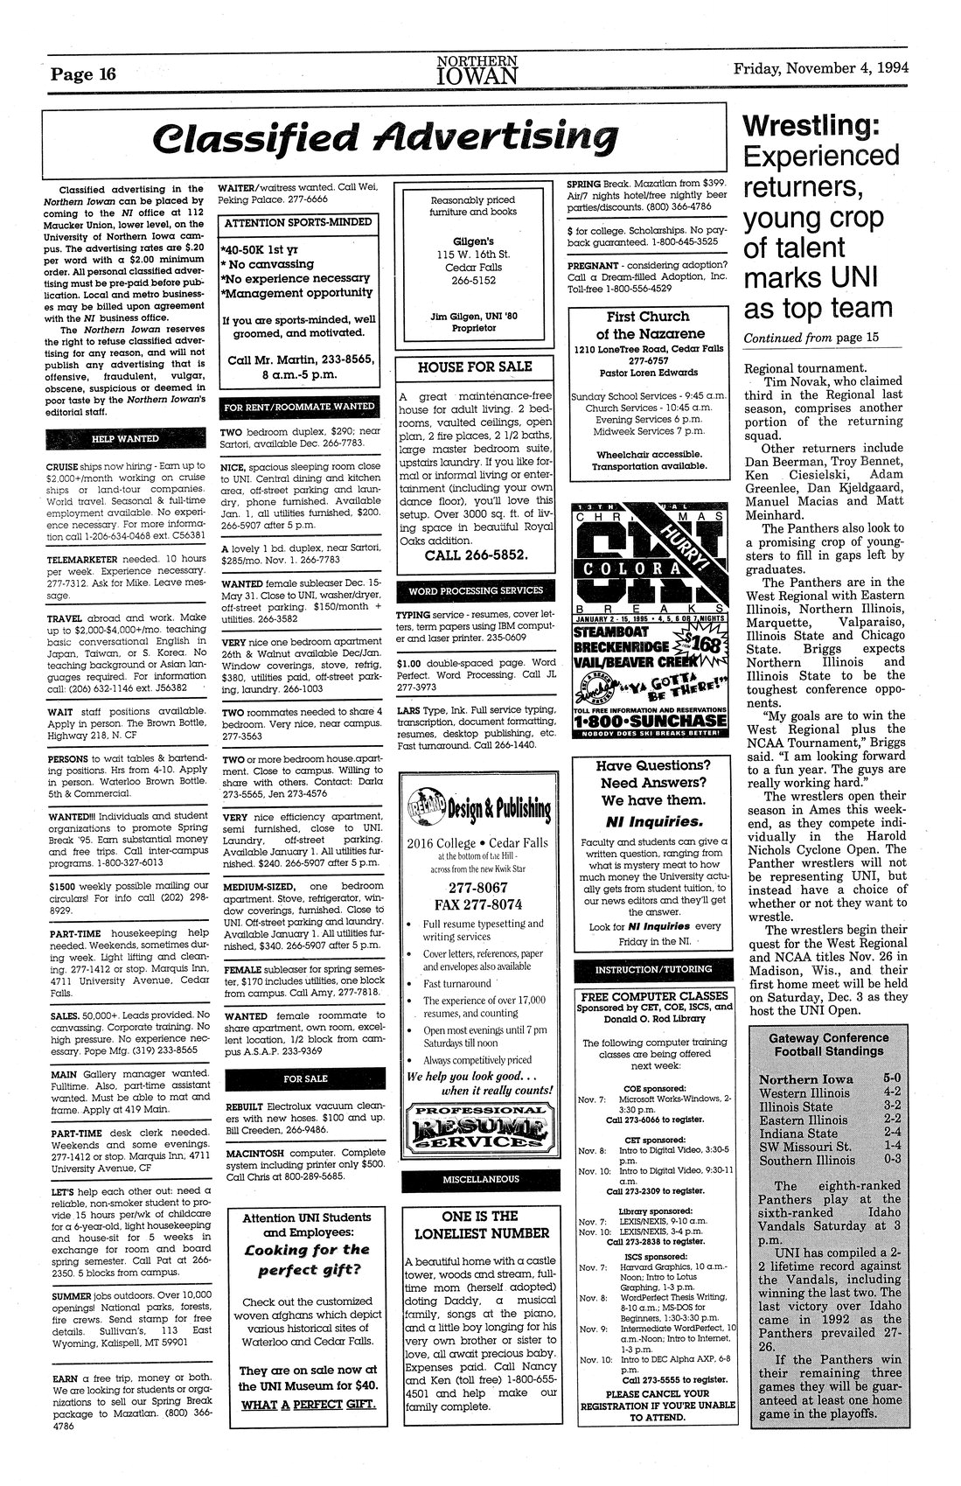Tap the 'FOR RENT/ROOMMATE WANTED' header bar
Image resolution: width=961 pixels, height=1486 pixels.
pyautogui.click(x=299, y=407)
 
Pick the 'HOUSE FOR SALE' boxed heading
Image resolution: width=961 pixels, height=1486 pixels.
pyautogui.click(x=474, y=366)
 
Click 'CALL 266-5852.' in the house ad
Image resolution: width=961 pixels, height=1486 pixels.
pyautogui.click(x=475, y=555)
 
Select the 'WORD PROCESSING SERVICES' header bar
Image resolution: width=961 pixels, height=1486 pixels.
pyautogui.click(x=474, y=590)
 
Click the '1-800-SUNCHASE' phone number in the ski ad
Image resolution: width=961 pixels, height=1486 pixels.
pyautogui.click(x=649, y=720)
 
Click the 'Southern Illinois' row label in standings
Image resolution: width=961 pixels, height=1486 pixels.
pyautogui.click(x=807, y=1161)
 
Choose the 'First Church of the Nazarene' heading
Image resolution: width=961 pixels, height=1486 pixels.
pyautogui.click(x=648, y=325)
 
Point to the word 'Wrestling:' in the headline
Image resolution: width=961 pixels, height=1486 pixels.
pyautogui.click(x=810, y=126)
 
